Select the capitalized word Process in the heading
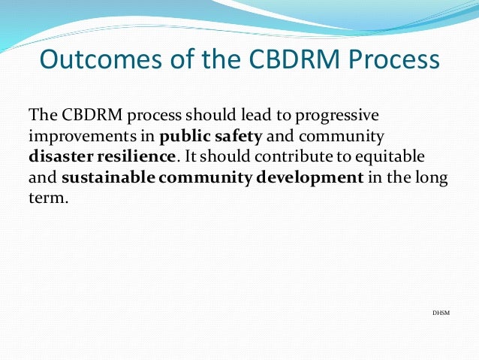click(x=395, y=59)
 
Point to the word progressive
click(x=339, y=116)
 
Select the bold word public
click(x=182, y=138)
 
